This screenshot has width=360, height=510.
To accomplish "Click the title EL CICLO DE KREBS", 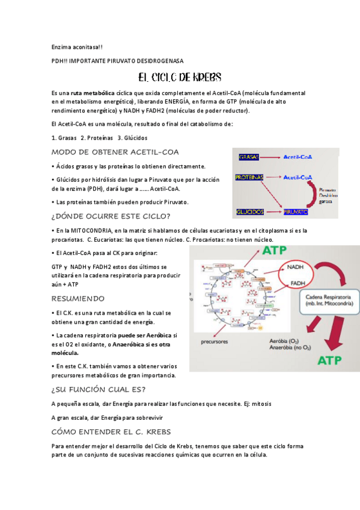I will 180,78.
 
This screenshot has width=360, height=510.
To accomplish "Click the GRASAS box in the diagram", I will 249,157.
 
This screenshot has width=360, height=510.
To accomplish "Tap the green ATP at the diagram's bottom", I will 331,361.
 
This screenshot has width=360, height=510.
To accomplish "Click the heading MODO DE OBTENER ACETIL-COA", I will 115,152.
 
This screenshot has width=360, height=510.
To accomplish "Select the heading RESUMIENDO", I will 78,298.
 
